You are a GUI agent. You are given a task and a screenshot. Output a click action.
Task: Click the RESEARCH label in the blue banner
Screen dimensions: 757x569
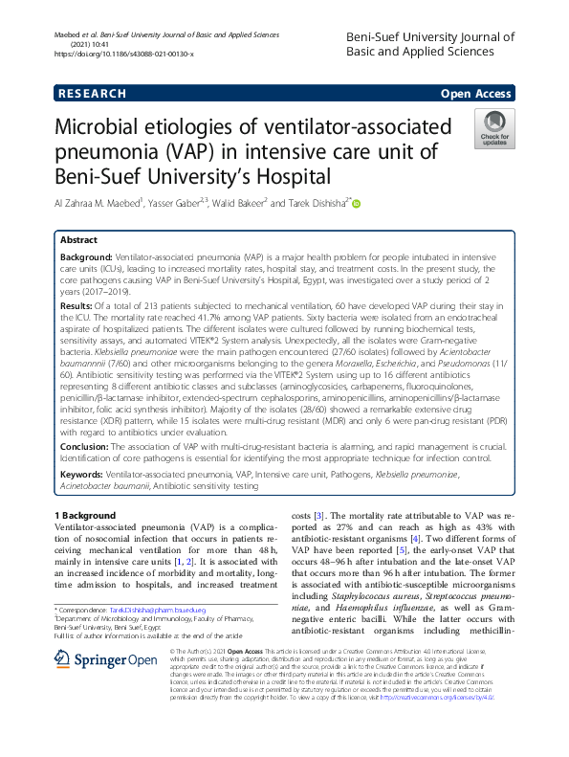92,94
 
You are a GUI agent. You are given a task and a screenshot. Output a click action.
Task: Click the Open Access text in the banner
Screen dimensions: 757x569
477,94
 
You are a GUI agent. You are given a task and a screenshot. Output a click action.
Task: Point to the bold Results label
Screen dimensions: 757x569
77,303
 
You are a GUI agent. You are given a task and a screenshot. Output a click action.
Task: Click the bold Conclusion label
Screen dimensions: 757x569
87,446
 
